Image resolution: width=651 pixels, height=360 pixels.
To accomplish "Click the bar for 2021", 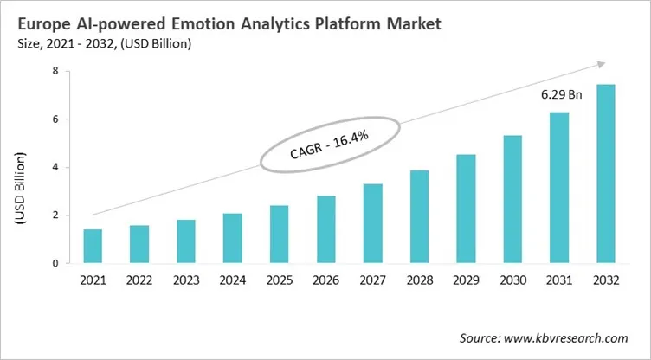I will [x=93, y=247].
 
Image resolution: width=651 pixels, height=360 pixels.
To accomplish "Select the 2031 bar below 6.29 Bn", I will [x=559, y=188].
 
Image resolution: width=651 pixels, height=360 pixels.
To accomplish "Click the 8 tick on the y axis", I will [x=55, y=72].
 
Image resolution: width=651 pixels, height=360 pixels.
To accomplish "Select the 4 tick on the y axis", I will [x=55, y=168].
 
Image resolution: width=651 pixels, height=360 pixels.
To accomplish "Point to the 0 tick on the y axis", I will [x=55, y=263].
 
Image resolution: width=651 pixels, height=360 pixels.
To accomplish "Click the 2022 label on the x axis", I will [x=140, y=280].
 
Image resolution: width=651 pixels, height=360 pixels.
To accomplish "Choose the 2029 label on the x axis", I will [x=467, y=280].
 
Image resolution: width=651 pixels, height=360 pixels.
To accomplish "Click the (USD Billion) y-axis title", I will [x=19, y=188].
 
